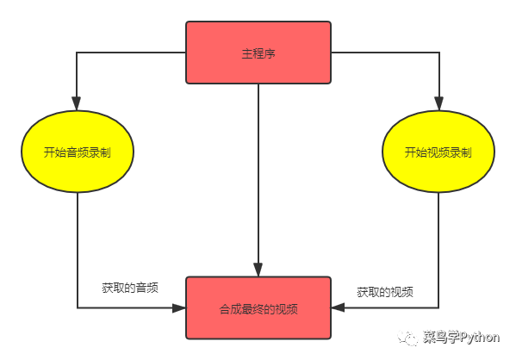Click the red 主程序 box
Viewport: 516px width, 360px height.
coord(258,53)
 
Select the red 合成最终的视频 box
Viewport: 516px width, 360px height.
coord(258,308)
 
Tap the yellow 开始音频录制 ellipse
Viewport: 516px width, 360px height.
coord(78,152)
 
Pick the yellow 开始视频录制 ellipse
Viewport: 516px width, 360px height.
coord(438,152)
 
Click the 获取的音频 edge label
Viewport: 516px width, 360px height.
coord(130,288)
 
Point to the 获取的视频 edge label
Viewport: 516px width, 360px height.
coord(385,292)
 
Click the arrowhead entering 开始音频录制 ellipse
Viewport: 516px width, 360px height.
coord(77,103)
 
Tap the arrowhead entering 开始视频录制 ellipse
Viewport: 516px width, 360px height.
coord(439,103)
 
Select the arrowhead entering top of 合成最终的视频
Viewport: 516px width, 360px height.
coord(258,270)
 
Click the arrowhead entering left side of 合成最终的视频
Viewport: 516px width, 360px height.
coord(179,308)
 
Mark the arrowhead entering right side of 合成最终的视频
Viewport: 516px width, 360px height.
coord(338,307)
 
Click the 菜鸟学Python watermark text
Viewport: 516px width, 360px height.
coord(462,338)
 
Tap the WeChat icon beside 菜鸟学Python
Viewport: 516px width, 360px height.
coord(407,338)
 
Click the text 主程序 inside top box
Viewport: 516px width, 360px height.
coord(258,53)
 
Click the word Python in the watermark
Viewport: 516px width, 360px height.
coord(480,338)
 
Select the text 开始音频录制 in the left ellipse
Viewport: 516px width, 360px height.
coord(78,152)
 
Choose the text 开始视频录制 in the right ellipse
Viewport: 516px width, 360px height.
coord(438,152)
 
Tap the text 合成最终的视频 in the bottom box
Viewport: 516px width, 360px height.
coord(258,309)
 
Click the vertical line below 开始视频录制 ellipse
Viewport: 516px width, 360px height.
coord(438,250)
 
